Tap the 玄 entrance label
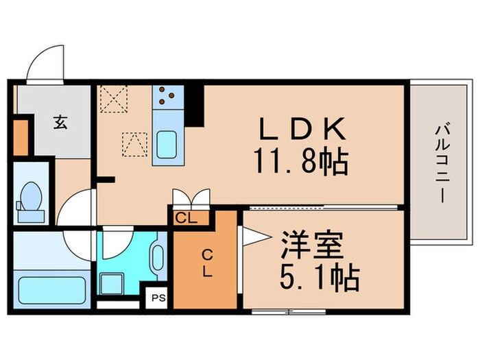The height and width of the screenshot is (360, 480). pyautogui.click(x=61, y=123)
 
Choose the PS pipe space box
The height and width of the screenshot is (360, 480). pyautogui.click(x=159, y=298)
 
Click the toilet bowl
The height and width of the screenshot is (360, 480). pyautogui.click(x=30, y=198)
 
